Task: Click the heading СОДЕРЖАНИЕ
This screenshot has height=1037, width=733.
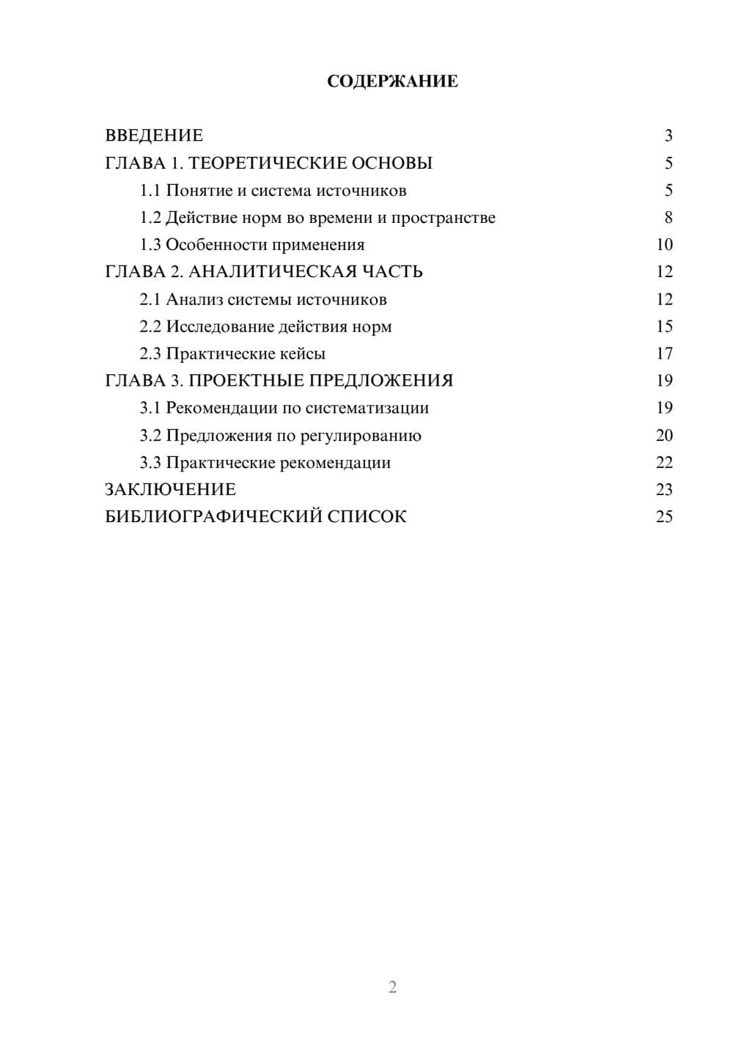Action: click(x=392, y=81)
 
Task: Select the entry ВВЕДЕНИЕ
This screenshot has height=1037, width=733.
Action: click(x=154, y=136)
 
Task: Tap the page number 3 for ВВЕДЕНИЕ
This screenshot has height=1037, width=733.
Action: click(x=668, y=136)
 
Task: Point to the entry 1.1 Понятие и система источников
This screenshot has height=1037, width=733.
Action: click(x=273, y=191)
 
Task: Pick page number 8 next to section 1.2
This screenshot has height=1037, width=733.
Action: click(x=668, y=218)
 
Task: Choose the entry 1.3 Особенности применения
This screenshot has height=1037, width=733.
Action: click(x=252, y=245)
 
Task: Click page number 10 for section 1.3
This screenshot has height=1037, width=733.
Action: click(x=664, y=245)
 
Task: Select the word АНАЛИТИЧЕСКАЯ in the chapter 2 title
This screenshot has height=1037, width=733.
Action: click(x=272, y=272)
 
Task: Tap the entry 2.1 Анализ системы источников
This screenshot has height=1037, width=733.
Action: click(x=263, y=299)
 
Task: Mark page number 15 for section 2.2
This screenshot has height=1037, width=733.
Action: click(x=664, y=326)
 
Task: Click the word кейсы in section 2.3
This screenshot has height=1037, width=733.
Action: click(x=303, y=353)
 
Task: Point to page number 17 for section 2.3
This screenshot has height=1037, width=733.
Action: click(x=664, y=353)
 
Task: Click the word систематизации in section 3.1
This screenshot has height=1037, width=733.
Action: click(x=367, y=408)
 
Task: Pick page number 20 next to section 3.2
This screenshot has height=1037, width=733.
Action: click(x=664, y=436)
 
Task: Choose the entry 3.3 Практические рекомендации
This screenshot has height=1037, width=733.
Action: click(x=265, y=463)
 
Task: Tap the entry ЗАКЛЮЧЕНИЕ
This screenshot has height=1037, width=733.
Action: click(x=170, y=490)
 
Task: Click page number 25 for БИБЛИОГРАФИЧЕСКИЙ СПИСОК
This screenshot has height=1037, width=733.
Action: click(x=664, y=517)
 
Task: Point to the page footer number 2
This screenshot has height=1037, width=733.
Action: click(x=392, y=987)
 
